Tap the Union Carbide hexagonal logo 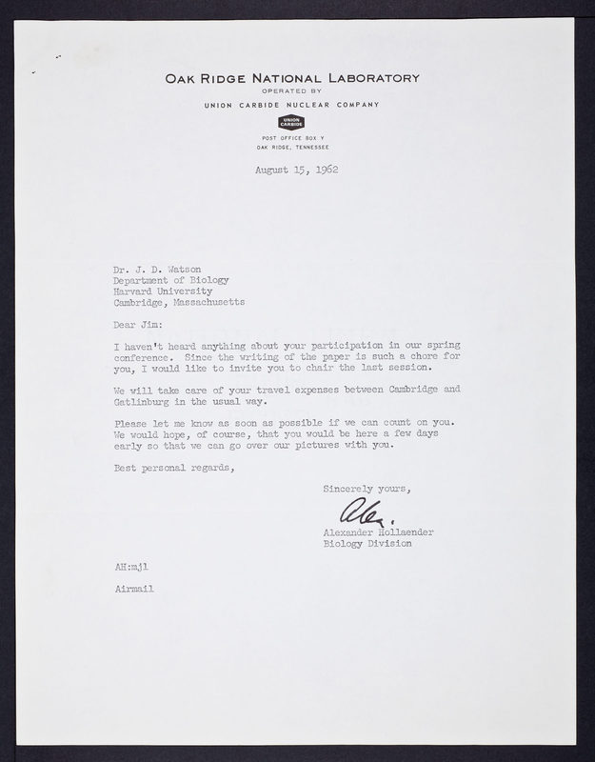(x=290, y=121)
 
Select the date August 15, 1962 (x=297, y=170)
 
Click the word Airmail (x=132, y=590)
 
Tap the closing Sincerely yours (x=366, y=489)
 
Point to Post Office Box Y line (x=290, y=138)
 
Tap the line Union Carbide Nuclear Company (x=290, y=104)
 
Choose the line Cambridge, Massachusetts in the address (x=178, y=302)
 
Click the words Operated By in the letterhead (x=290, y=92)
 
